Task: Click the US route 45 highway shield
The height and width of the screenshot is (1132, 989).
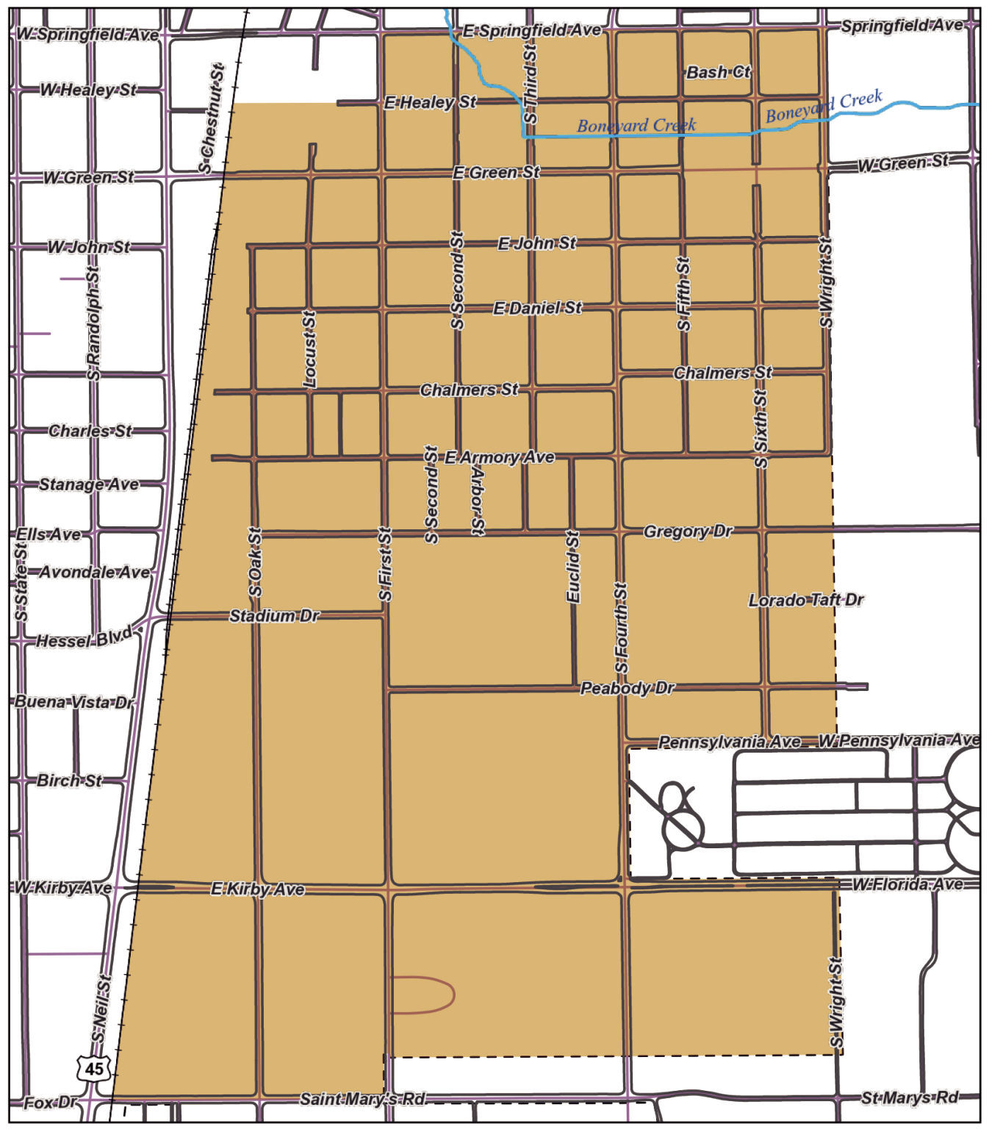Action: click(94, 1067)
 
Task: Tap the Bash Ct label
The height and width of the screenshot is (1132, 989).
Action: click(718, 72)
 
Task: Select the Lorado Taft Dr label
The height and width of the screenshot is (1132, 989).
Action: click(806, 600)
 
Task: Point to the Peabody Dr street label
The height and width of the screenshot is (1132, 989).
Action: click(627, 688)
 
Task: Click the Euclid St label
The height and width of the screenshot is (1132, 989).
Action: click(573, 567)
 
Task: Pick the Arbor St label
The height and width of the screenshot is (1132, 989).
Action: click(478, 501)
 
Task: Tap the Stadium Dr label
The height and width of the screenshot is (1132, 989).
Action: click(274, 615)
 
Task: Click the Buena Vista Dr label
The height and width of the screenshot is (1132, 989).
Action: click(74, 702)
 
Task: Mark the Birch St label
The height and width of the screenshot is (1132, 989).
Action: click(69, 780)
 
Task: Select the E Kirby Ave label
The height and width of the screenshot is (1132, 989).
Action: click(257, 889)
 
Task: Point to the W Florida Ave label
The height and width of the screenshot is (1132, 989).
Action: click(907, 884)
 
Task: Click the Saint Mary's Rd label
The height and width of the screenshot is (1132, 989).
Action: click(362, 1099)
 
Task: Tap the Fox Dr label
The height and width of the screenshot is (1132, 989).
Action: click(50, 1103)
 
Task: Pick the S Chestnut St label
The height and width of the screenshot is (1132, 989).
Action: click(211, 118)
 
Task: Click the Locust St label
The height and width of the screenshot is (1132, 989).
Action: click(309, 348)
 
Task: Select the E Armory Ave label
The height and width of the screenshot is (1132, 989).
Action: click(499, 457)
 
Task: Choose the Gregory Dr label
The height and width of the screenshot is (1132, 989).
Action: click(688, 531)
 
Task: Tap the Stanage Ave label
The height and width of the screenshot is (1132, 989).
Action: click(89, 484)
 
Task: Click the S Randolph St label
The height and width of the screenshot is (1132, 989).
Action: click(93, 324)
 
